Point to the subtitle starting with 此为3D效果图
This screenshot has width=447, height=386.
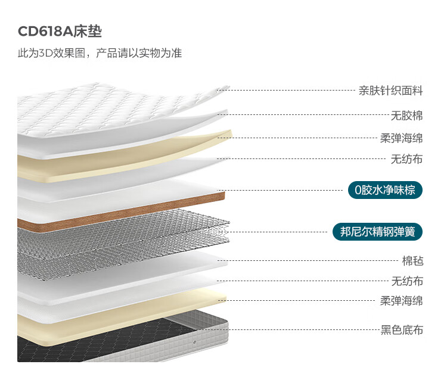click(x=100, y=53)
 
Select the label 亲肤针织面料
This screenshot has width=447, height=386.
click(x=390, y=91)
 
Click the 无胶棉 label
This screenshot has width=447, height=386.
click(x=406, y=116)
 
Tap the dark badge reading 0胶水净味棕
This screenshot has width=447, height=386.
click(x=385, y=191)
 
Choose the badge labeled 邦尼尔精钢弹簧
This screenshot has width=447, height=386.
click(x=377, y=231)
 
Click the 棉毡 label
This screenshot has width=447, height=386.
click(x=412, y=261)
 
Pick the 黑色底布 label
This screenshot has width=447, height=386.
click(x=402, y=329)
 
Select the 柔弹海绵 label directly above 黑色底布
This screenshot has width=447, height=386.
click(x=402, y=301)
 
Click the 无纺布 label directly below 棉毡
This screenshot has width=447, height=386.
click(x=406, y=281)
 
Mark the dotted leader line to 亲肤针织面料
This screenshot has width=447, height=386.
click(x=292, y=91)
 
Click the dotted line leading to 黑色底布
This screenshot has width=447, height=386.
click(x=298, y=329)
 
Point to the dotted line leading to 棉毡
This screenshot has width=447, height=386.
click(x=310, y=261)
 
